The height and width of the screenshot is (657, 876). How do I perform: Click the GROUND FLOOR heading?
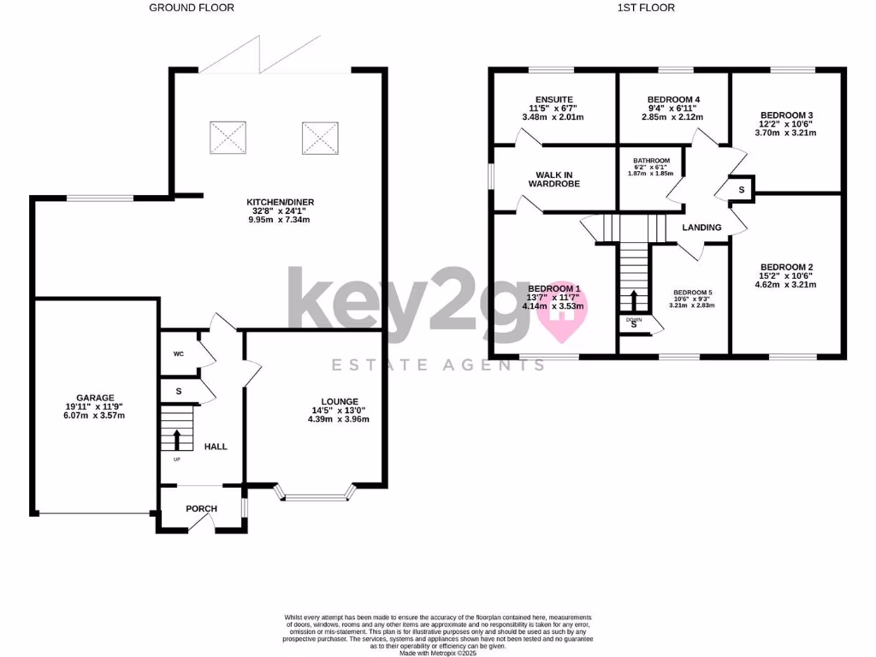pyautogui.click(x=192, y=8)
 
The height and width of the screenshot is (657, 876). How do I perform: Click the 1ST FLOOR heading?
pyautogui.click(x=645, y=8)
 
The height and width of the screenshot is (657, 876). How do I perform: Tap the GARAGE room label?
pyautogui.click(x=96, y=398)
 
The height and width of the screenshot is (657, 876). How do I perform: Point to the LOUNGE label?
pyautogui.click(x=340, y=401)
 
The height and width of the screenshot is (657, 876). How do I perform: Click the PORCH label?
pyautogui.click(x=202, y=509)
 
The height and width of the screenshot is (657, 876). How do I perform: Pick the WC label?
pyautogui.click(x=178, y=352)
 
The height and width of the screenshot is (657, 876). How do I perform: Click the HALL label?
pyautogui.click(x=216, y=447)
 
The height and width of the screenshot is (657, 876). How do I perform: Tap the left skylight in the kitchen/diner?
pyautogui.click(x=228, y=135)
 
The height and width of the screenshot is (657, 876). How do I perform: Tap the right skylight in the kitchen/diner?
pyautogui.click(x=318, y=135)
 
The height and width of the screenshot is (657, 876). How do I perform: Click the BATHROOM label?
pyautogui.click(x=651, y=160)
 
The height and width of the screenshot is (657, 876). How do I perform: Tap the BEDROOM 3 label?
pyautogui.click(x=786, y=115)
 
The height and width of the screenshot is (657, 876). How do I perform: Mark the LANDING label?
pyautogui.click(x=701, y=228)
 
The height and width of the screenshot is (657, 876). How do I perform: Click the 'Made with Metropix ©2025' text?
pyautogui.click(x=437, y=653)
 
